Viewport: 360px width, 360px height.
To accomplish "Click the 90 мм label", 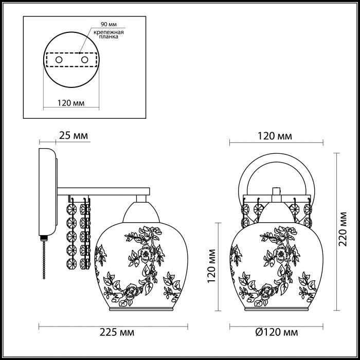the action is tap(109, 24).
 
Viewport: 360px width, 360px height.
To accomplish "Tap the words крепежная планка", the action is tap(109, 34).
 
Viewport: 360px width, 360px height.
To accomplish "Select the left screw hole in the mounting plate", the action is tap(59, 60).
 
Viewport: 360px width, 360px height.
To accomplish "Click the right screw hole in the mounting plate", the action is tap(84, 60).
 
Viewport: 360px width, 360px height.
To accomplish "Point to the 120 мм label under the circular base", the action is tap(71, 103).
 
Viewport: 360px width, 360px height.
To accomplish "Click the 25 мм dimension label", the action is tap(74, 136).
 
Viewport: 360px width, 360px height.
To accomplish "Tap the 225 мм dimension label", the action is tap(117, 332).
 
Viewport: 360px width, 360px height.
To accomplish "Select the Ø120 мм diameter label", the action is tap(277, 332).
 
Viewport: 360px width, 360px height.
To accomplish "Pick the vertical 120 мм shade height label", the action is tap(211, 266).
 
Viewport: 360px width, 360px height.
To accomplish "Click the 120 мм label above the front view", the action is tap(275, 136).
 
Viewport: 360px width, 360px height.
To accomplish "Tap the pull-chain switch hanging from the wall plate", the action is tap(44, 257).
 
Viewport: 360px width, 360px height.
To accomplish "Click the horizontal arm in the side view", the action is tap(103, 191).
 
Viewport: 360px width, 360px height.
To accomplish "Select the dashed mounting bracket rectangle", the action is tap(71, 60).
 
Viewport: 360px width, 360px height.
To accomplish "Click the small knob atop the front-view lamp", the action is tap(277, 191).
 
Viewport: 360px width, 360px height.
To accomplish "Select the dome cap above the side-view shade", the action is tap(141, 212).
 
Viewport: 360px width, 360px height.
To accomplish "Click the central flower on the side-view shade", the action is tap(146, 254).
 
